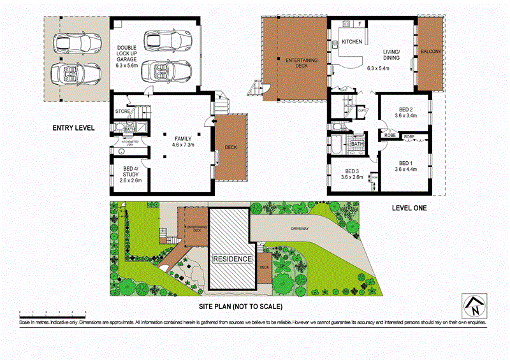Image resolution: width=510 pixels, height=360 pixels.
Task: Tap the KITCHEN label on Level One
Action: (352, 42)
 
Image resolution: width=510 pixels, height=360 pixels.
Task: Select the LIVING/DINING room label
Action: (391, 55)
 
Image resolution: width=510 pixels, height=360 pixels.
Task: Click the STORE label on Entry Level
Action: (123, 112)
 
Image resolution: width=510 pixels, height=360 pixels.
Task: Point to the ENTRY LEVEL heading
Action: (73, 128)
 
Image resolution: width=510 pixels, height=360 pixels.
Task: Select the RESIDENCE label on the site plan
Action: (232, 259)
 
